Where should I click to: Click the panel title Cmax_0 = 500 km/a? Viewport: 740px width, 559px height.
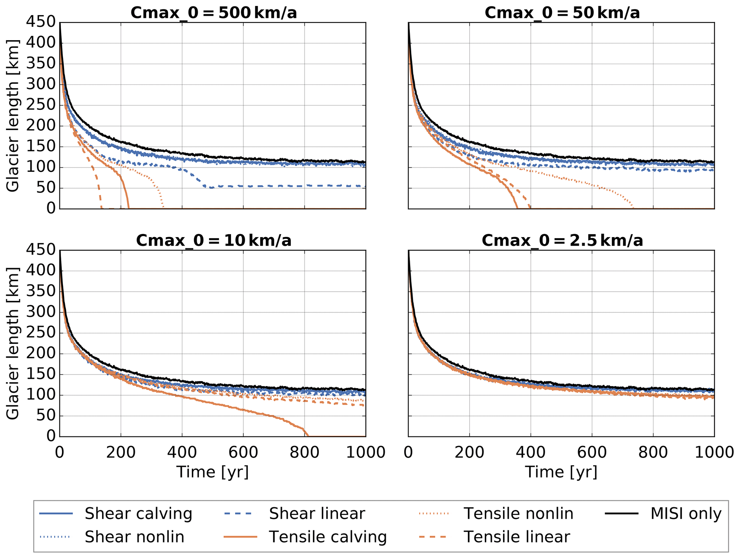coord(213,13)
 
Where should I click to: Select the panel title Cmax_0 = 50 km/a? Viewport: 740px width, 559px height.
coord(562,13)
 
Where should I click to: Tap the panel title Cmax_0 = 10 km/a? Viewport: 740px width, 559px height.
coord(213,240)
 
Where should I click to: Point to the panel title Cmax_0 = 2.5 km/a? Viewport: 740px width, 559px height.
coord(562,240)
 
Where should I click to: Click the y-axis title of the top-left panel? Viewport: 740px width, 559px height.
coord(13,115)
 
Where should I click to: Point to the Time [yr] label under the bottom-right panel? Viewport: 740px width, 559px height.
coord(561,472)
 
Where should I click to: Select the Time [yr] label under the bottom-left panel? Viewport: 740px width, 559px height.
coord(212,472)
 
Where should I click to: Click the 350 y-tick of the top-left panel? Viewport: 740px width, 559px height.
coord(41,64)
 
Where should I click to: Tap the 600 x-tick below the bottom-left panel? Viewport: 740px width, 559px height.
coord(243,452)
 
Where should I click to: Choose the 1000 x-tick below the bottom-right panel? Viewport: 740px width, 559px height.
coord(714,452)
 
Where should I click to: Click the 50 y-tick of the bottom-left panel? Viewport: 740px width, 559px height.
coord(46,416)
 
